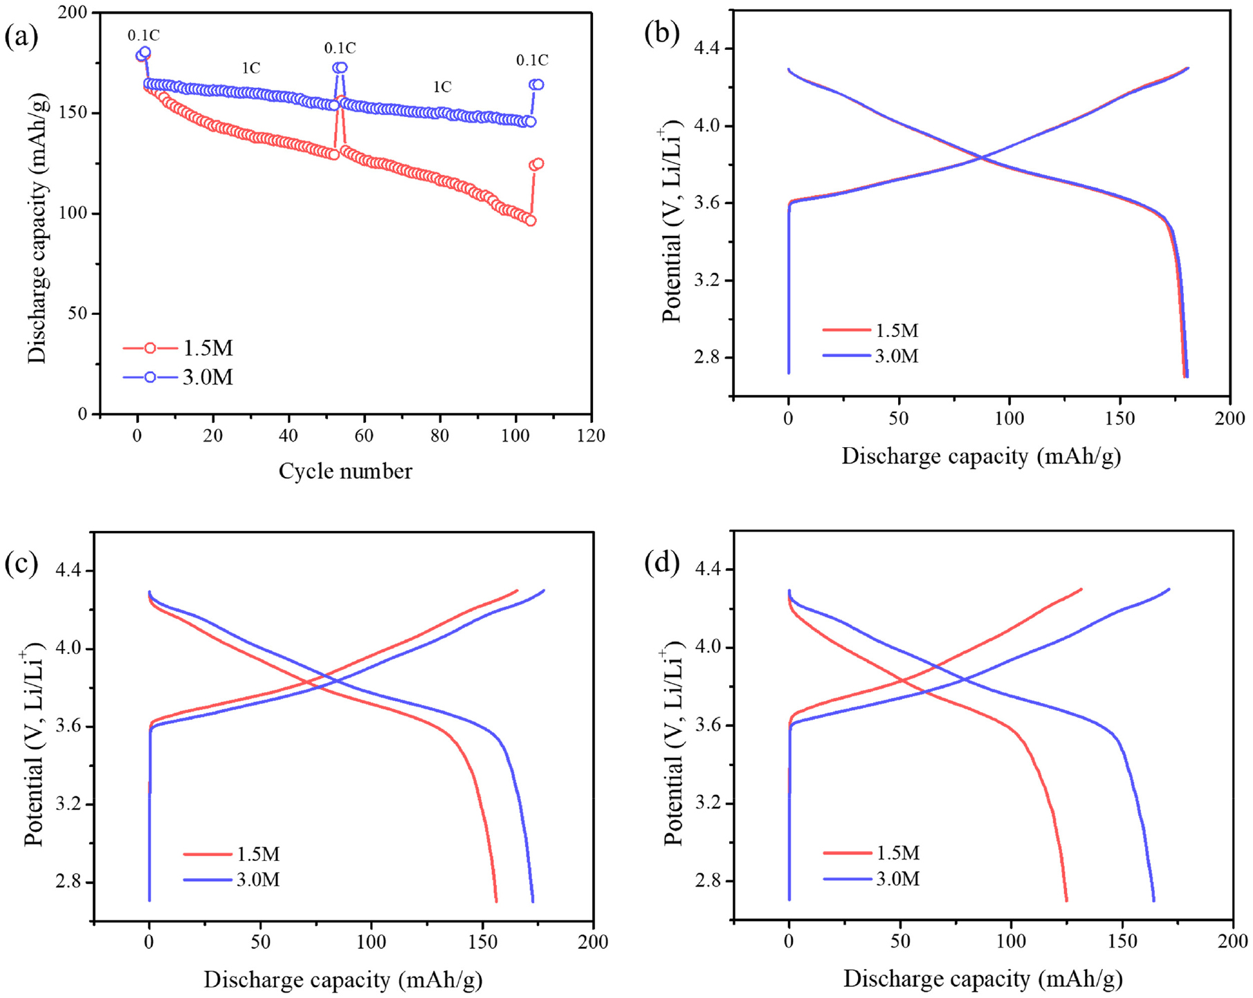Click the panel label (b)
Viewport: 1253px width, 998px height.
tap(661, 33)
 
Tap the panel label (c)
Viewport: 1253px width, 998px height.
tap(21, 563)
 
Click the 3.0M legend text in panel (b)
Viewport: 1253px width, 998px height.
tap(897, 356)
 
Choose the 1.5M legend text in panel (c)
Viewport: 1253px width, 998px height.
tap(258, 854)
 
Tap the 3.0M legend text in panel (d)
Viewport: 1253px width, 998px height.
tap(898, 879)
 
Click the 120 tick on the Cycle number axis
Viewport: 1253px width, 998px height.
tap(590, 436)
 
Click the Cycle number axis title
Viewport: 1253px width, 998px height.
tap(345, 471)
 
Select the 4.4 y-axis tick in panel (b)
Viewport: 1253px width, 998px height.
tap(706, 48)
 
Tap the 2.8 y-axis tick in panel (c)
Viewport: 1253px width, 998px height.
tap(68, 882)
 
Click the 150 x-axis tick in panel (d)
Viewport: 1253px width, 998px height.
tap(1122, 942)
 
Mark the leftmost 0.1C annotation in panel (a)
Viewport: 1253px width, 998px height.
tap(143, 35)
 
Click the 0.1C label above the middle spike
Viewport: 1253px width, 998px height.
tap(340, 48)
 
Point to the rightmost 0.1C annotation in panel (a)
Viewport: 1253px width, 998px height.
tap(532, 61)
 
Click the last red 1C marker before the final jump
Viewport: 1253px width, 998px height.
tap(531, 221)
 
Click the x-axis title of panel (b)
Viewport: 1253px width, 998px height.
tap(980, 456)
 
